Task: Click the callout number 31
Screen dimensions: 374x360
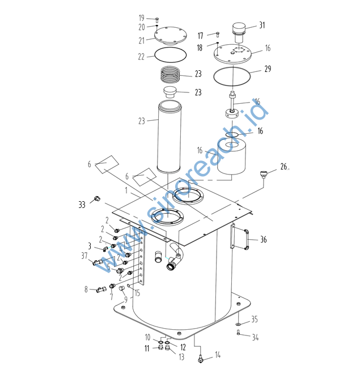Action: [x=262, y=25]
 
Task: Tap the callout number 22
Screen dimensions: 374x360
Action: [x=142, y=56]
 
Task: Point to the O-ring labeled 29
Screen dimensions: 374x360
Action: [x=231, y=75]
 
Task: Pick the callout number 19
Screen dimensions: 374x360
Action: [x=142, y=18]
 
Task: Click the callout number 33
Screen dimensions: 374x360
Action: [x=82, y=203]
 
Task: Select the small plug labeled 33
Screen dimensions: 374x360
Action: [x=97, y=198]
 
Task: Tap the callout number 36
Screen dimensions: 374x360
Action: [x=263, y=240]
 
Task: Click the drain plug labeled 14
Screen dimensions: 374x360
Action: [x=201, y=358]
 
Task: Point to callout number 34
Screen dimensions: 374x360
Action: [x=255, y=338]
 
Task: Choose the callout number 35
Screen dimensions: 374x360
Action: [x=255, y=320]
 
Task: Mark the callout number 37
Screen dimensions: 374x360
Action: [x=84, y=256]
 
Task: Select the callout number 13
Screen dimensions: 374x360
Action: [x=181, y=357]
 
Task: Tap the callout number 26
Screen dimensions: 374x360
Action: [x=284, y=167]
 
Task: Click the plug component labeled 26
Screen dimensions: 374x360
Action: [x=264, y=173]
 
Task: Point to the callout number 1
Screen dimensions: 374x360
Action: [x=127, y=192]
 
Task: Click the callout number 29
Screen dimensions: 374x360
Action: [x=268, y=69]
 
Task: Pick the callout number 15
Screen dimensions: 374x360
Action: [x=137, y=292]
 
